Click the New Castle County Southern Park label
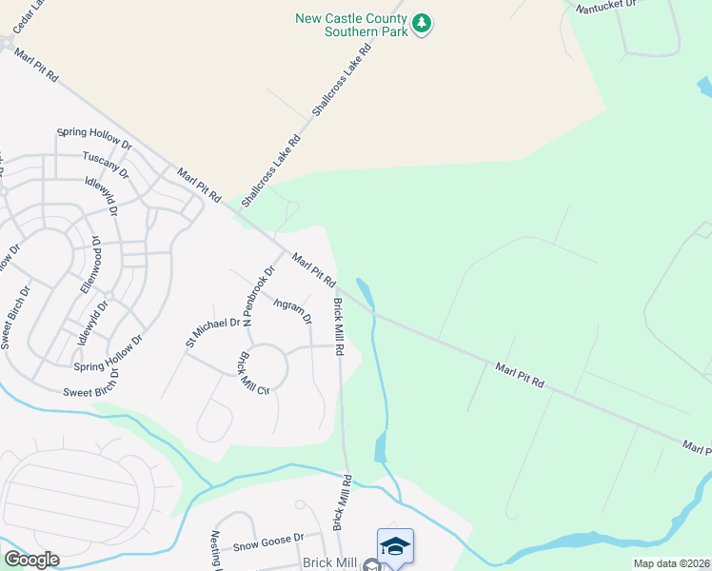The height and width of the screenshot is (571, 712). [351, 25]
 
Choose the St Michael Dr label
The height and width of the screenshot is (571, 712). [213, 329]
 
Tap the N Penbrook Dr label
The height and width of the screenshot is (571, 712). [259, 296]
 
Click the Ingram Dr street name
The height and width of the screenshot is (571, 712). [292, 311]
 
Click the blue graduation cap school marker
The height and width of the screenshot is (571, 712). [395, 544]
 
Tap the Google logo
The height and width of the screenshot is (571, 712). [30, 560]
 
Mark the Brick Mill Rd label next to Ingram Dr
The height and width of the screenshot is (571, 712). [338, 325]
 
